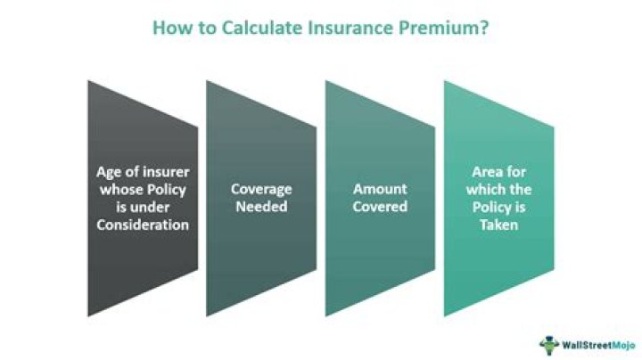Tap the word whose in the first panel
118,190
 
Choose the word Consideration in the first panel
144,224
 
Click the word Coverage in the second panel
261,190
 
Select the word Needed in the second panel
261,207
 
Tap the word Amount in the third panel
380,190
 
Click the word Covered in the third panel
380,207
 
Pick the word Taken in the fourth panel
499,224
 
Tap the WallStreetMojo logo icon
547,343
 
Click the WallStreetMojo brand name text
593,343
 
